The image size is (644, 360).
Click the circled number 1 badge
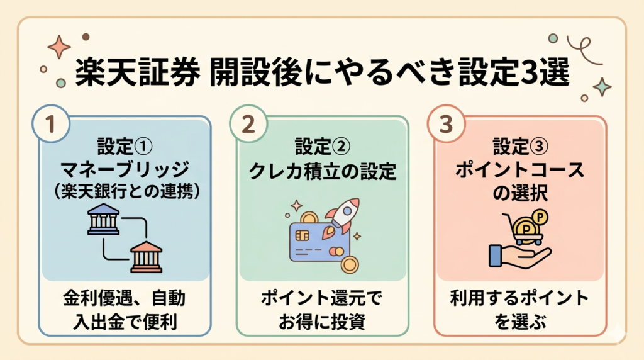[50, 124]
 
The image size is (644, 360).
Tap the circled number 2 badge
[248, 124]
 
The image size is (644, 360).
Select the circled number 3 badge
[446, 124]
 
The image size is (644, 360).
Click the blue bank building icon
[104, 220]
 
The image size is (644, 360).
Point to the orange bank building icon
[146, 257]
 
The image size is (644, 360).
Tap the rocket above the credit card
[341, 218]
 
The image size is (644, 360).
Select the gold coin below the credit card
[350, 265]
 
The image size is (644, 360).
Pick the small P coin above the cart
[540, 217]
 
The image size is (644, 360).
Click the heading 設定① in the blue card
[125, 147]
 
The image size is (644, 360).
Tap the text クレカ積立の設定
[322, 171]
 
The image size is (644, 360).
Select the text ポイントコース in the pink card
[519, 170]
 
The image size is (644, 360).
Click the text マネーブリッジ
[125, 169]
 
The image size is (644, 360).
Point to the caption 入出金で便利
[125, 322]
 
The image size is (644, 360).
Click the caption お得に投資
[322, 322]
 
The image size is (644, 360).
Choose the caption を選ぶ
[520, 322]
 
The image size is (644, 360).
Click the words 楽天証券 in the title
[138, 72]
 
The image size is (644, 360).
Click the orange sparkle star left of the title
[59, 47]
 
